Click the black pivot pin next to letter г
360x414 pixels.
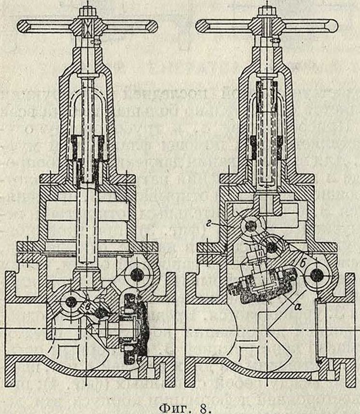[x=250, y=226]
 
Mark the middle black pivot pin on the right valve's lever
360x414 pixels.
[x=273, y=247]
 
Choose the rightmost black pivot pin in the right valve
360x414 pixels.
[x=316, y=275]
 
